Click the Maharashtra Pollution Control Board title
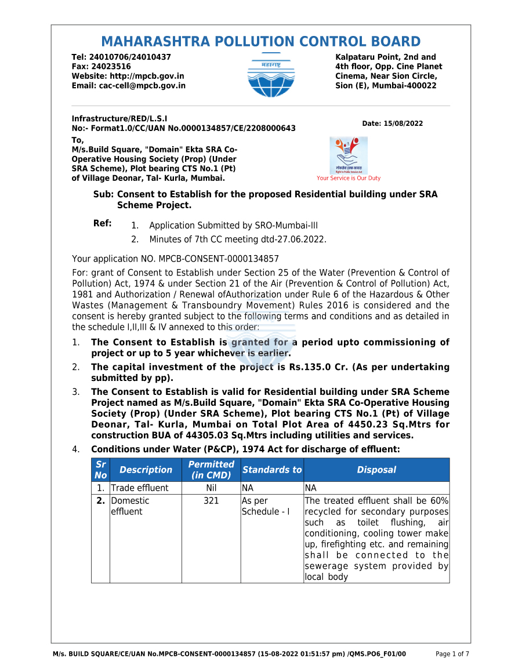pyautogui.click(x=260, y=42)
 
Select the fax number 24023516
pyautogui.click(x=111, y=67)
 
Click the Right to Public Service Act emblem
pyautogui.click(x=348, y=155)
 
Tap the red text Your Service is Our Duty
pyautogui.click(x=349, y=179)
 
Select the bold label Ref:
pyautogui.click(x=103, y=223)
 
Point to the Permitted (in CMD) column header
pyautogui.click(x=211, y=470)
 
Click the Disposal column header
pyautogui.click(x=376, y=470)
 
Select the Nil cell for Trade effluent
pyautogui.click(x=211, y=488)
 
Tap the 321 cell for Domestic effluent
pyautogui.click(x=211, y=500)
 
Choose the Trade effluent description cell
pyautogui.click(x=139, y=488)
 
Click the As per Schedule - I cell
pyautogui.click(x=266, y=506)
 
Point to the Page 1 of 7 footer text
pyautogui.click(x=452, y=654)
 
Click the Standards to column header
pyautogui.click(x=272, y=470)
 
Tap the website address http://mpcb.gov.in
pyautogui.click(x=147, y=76)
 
